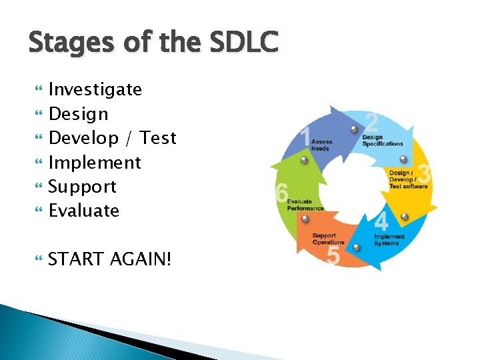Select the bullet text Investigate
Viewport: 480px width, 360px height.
95,89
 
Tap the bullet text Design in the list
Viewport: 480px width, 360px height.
79,114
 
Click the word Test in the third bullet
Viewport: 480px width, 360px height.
159,138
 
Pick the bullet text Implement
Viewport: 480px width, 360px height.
95,163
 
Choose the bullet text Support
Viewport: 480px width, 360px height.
83,187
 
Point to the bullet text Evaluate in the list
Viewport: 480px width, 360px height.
84,211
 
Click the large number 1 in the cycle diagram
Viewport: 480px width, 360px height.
305,137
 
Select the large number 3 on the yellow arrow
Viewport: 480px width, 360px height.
424,175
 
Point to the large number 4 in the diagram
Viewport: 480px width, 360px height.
381,222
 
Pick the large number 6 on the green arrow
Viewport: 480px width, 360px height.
281,193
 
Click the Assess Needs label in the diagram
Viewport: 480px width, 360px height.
321,145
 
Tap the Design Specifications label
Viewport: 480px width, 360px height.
382,141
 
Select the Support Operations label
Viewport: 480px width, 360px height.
328,239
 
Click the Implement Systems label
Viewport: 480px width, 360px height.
389,240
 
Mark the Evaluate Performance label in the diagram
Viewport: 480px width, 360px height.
305,205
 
